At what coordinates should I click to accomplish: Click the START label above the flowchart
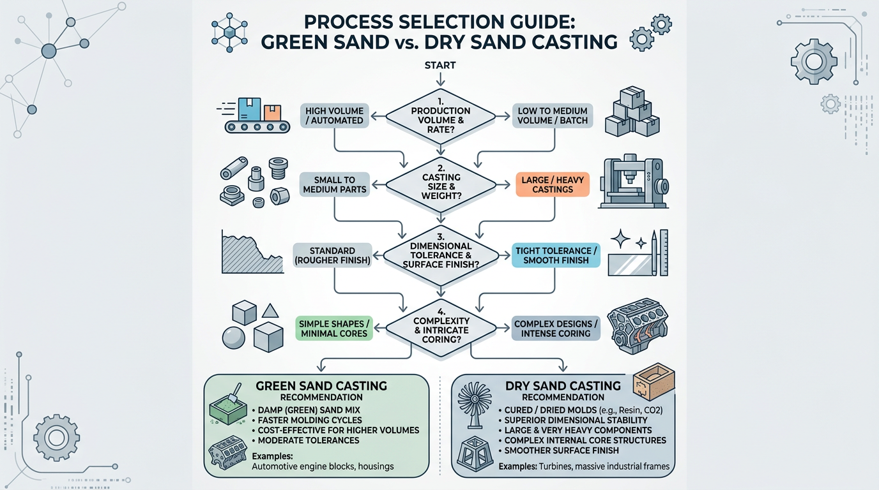tap(439, 65)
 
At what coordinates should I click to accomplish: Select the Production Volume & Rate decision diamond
tap(441, 115)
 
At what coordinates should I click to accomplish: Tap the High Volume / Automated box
tap(334, 115)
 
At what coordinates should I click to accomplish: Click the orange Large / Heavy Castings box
tap(551, 184)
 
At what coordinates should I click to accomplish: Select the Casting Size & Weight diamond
tap(441, 185)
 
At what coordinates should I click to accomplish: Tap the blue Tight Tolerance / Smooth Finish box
tap(556, 255)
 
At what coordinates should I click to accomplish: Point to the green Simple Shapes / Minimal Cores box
tap(333, 328)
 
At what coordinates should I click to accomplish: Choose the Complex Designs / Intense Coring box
tap(556, 328)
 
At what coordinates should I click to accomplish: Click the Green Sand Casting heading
tap(321, 386)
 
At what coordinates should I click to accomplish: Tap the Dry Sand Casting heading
tap(563, 385)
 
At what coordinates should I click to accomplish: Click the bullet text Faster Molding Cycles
tap(307, 420)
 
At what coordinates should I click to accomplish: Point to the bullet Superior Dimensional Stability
tap(576, 420)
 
